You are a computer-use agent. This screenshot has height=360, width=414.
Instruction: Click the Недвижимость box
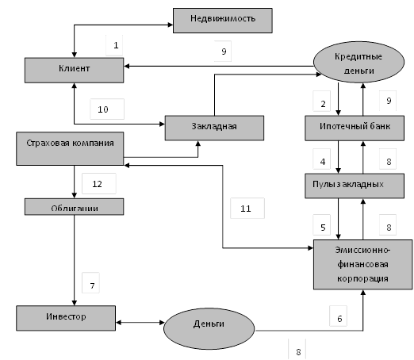click(223, 21)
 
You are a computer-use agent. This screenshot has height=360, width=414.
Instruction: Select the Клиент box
click(74, 71)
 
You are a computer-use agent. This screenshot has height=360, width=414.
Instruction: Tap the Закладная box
click(214, 128)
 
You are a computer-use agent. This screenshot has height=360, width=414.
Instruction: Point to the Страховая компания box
click(70, 149)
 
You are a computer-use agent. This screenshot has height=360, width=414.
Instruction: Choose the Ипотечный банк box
click(355, 128)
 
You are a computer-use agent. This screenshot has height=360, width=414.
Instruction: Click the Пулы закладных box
click(355, 186)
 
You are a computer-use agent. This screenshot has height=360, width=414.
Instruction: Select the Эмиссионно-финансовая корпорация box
click(362, 265)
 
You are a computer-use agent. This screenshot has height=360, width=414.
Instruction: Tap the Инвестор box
click(66, 318)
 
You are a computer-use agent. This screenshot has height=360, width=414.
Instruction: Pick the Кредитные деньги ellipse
click(358, 62)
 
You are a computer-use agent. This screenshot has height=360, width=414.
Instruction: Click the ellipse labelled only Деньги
click(209, 328)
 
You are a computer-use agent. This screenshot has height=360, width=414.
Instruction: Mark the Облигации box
click(74, 207)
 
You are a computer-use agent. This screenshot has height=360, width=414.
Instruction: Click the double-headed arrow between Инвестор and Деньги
click(140, 323)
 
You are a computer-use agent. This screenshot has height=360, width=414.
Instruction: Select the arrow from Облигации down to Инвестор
click(75, 260)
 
